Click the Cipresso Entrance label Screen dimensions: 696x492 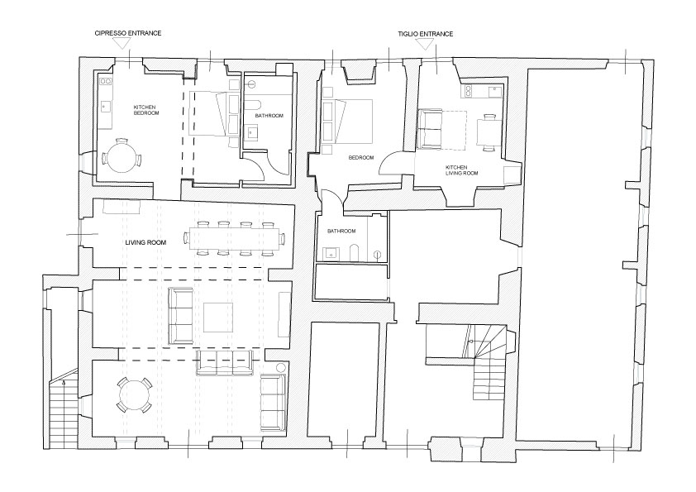(x=128, y=33)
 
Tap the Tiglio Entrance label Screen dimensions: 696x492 (x=425, y=34)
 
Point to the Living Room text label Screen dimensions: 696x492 (x=145, y=243)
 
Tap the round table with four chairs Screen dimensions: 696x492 (x=134, y=394)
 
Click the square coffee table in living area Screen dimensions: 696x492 (x=218, y=318)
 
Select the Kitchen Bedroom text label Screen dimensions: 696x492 (x=146, y=110)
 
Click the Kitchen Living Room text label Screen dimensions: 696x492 (x=461, y=170)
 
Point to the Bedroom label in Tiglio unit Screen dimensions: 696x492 (x=361, y=158)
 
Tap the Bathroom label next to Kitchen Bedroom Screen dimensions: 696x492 (x=269, y=116)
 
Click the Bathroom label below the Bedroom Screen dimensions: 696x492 (x=341, y=232)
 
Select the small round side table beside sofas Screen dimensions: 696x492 (x=280, y=368)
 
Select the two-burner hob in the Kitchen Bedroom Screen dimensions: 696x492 (x=105, y=81)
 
